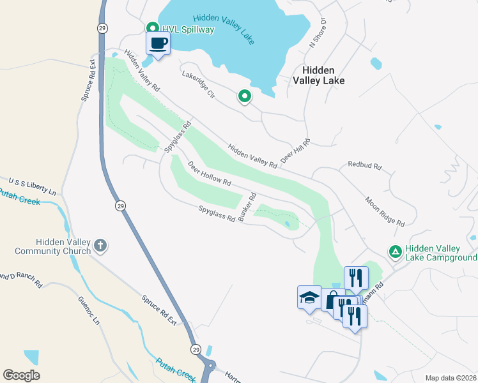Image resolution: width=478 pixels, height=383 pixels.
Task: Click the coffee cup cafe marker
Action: (158, 44)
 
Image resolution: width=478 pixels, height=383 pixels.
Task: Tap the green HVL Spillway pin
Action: (153, 28)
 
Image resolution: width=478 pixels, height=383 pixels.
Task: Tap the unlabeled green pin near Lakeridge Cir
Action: (244, 96)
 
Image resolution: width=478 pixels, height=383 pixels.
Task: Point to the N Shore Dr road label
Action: (318, 33)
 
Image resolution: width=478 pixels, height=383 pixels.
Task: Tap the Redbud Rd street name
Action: (364, 165)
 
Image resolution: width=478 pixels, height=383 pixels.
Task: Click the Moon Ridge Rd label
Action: (385, 211)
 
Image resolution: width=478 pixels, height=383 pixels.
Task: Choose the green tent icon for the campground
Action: (396, 253)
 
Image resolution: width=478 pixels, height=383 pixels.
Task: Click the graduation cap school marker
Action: (309, 297)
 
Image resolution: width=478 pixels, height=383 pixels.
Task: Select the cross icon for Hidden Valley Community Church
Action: (100, 245)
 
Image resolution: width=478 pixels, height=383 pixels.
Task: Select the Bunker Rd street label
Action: (247, 207)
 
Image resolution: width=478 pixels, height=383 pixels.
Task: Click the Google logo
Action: (21, 375)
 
